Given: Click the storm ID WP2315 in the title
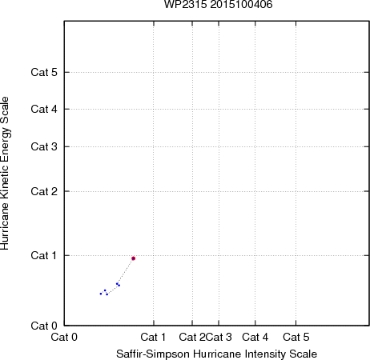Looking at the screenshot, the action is coord(185,5).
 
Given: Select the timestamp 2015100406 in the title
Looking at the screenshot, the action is coord(241,5).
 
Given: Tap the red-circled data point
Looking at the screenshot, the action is coord(134,258).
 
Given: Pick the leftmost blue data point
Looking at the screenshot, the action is coord(101,294).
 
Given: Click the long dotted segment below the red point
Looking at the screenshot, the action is coord(126,271).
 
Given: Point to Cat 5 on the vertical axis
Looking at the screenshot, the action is coord(44,72).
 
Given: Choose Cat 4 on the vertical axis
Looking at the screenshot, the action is coord(44,109).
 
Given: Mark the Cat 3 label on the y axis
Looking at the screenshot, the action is coord(44,146).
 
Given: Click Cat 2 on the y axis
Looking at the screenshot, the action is coord(44,191).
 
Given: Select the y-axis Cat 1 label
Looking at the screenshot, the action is coord(44,255).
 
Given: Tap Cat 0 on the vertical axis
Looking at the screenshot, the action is coord(44,326).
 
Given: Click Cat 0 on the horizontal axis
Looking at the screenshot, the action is coord(64,337).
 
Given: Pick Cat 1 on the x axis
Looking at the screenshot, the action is coord(153,337).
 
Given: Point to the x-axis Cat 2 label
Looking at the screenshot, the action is coord(192,337).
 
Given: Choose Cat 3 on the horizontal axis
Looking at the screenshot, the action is coord(219,337).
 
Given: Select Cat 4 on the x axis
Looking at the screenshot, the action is coord(255,337).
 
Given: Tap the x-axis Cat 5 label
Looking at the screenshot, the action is coord(296,337).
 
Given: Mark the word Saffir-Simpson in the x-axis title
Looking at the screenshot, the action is coord(153,354).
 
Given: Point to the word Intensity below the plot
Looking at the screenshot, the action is coord(262,354).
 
